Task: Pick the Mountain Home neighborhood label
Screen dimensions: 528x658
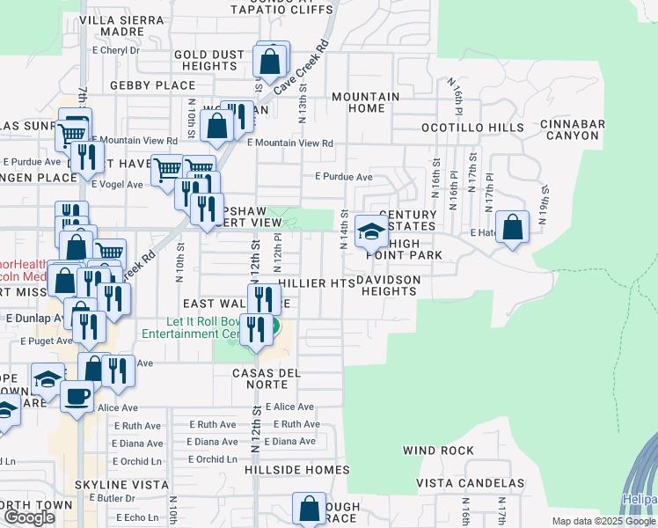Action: coord(366,102)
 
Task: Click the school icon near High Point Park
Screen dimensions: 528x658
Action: coord(371,233)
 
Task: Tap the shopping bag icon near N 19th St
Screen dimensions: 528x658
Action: coord(512,227)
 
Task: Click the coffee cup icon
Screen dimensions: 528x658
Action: coord(77,396)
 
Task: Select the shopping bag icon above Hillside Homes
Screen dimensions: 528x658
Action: coord(309,509)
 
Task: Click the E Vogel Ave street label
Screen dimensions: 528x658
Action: coord(117,185)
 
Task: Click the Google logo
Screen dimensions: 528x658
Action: coord(29,517)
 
